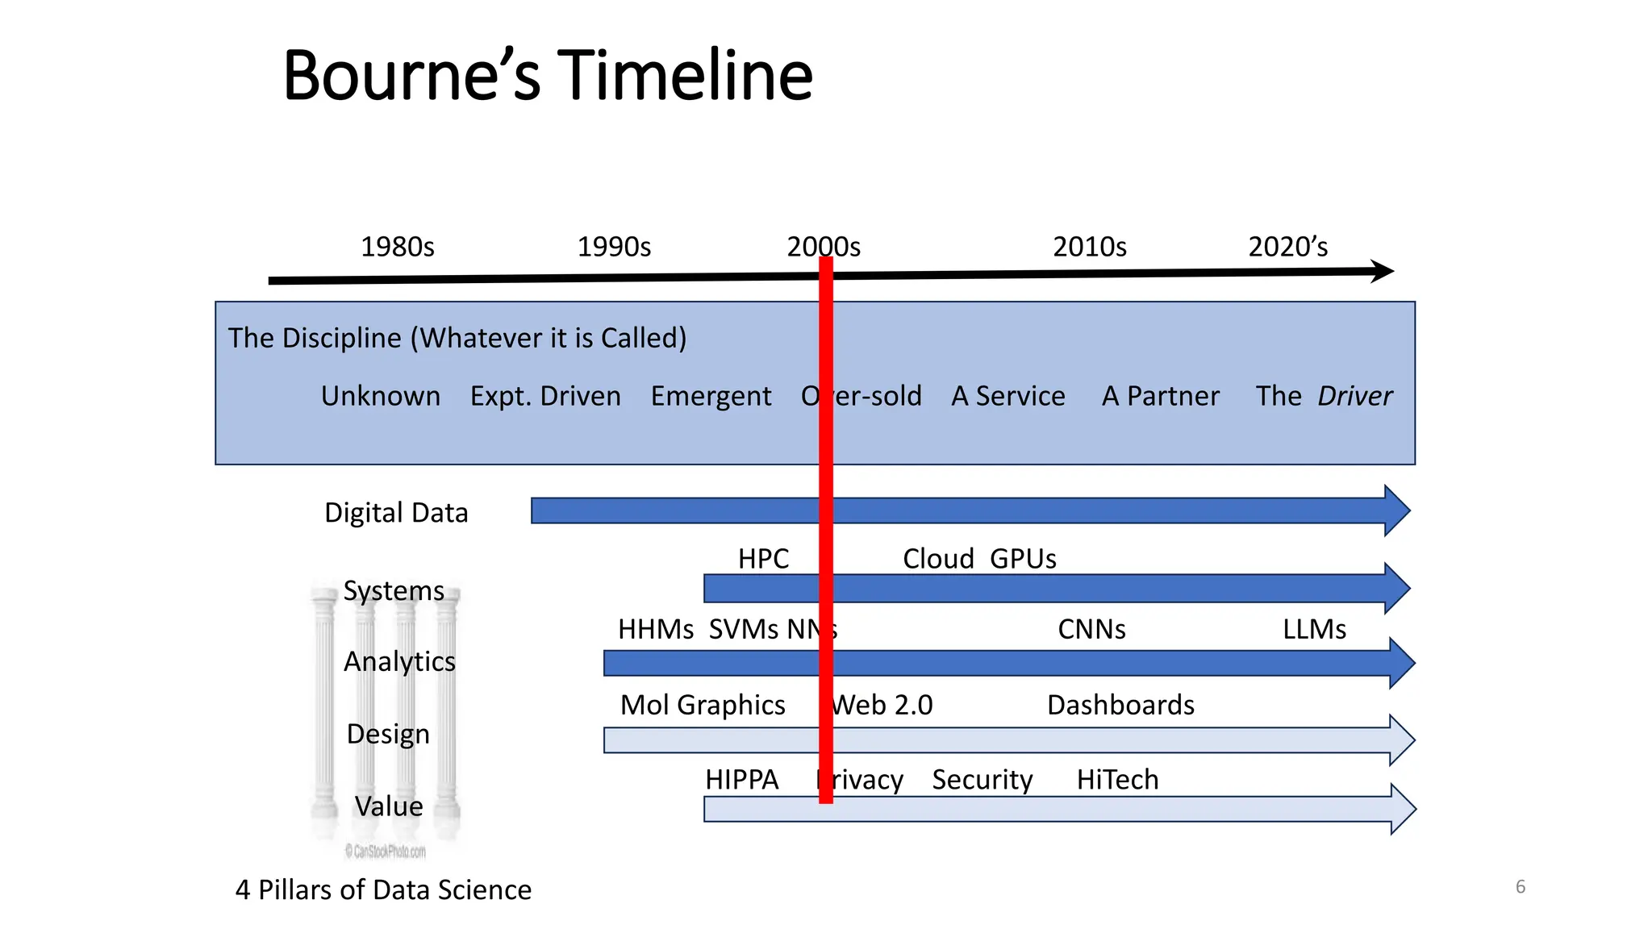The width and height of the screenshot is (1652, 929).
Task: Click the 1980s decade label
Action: coord(397,247)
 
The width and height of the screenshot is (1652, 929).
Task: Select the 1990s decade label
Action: coord(614,247)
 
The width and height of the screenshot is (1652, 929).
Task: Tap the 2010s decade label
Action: coord(1089,247)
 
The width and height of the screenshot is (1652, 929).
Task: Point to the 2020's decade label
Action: coord(1287,247)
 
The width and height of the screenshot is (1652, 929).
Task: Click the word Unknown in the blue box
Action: coord(381,396)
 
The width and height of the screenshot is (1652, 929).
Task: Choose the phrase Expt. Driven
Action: coord(545,396)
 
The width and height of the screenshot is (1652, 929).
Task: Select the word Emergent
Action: coord(711,396)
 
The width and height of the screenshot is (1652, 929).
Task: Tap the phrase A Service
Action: coord(1008,396)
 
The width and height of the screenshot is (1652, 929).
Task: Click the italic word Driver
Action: coord(1355,396)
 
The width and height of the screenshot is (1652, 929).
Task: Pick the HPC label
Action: coord(763,559)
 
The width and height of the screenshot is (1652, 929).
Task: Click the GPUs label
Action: coord(1023,559)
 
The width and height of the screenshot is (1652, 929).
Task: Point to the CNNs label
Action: coord(1091,629)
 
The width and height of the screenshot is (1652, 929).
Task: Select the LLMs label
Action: coord(1314,629)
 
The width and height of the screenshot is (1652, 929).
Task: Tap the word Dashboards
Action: coord(1120,705)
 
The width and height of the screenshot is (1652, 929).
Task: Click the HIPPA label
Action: coord(741,780)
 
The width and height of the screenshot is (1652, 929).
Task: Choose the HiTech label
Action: coord(1117,780)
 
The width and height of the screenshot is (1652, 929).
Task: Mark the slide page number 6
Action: coord(1521,887)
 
